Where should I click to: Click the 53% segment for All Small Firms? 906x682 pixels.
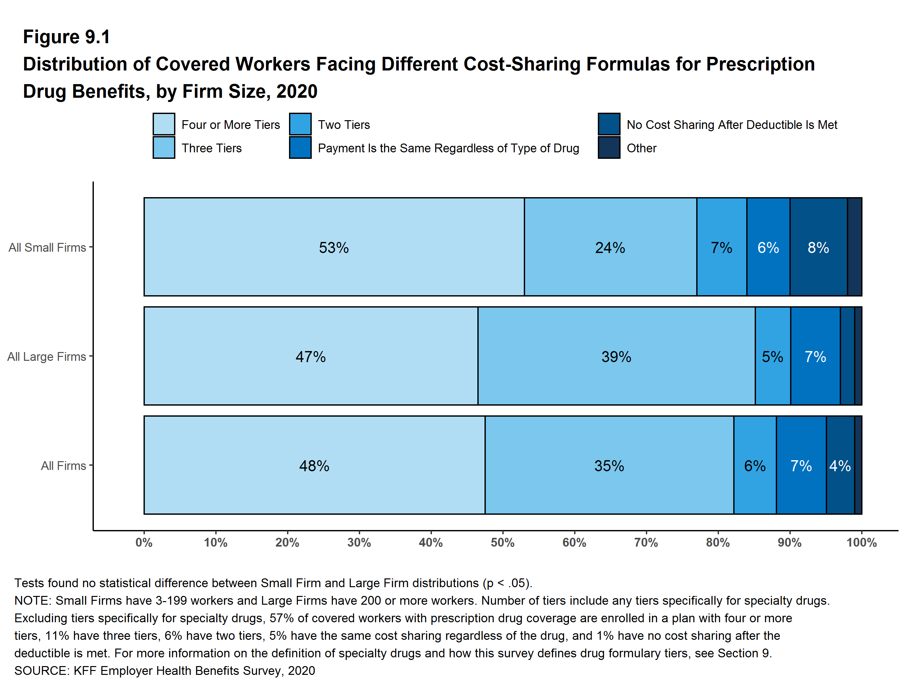click(334, 247)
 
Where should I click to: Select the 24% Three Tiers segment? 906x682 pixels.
click(610, 247)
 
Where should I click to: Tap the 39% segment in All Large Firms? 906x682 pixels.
click(616, 356)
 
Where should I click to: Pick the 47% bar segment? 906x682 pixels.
click(310, 356)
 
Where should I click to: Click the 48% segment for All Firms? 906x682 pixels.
click(314, 465)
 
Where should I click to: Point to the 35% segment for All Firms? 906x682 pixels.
click(609, 465)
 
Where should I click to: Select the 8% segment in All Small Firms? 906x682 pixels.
click(818, 247)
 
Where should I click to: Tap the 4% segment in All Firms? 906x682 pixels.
click(840, 465)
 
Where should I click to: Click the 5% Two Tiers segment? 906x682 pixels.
click(773, 356)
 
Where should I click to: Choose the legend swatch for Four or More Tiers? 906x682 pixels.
click(164, 124)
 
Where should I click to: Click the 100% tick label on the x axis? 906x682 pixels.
click(862, 542)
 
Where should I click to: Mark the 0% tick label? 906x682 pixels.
click(144, 542)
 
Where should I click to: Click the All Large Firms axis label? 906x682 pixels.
click(46, 356)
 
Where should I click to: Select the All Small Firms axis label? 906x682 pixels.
click(47, 247)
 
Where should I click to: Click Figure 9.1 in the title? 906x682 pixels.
click(66, 37)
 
